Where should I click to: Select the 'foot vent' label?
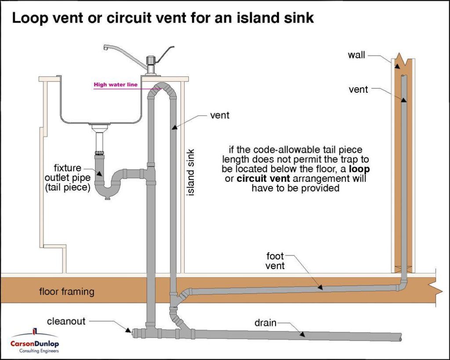click(x=276, y=261)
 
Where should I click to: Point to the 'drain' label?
click(x=265, y=323)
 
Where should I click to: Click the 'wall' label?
click(x=356, y=55)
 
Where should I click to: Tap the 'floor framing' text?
click(x=66, y=291)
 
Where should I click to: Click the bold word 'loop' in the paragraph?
click(x=360, y=170)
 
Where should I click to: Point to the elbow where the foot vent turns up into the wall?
click(x=402, y=286)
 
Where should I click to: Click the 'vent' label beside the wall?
click(x=358, y=90)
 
